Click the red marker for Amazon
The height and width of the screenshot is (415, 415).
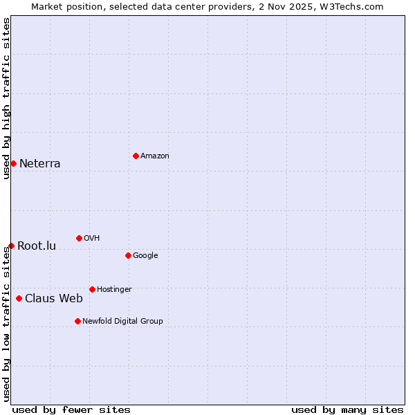coord(136,156)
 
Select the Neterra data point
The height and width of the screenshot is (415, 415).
coord(13,163)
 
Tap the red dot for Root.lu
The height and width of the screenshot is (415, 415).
coord(11,246)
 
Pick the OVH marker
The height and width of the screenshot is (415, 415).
coord(79,238)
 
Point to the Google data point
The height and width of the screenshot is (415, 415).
coord(128,255)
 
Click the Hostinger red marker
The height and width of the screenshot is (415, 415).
coord(92,289)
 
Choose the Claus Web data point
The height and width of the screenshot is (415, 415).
coord(19,298)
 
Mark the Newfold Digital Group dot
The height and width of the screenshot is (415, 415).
coord(77,321)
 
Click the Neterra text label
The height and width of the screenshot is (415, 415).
coord(39,164)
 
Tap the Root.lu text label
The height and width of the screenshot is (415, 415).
coord(37,246)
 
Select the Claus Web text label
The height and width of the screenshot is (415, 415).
coord(54,299)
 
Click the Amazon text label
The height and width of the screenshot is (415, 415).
coord(155,156)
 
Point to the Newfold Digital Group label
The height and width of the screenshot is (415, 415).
coord(122,321)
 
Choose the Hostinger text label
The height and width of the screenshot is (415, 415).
coord(114,290)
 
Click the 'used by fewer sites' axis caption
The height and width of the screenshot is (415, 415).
coord(71,409)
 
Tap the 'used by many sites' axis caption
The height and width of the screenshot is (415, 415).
coord(347,409)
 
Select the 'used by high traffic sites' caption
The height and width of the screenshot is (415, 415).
coord(7,98)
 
